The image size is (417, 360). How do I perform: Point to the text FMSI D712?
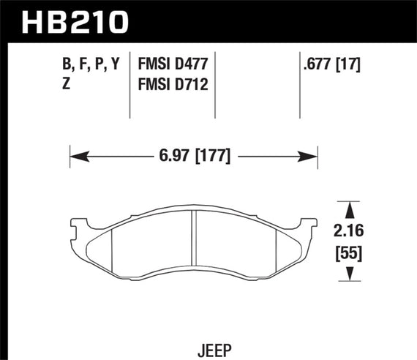pyautogui.click(x=173, y=85)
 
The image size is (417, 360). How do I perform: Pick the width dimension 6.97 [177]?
pyautogui.click(x=194, y=156)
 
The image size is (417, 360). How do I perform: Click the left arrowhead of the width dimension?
pyautogui.click(x=75, y=156)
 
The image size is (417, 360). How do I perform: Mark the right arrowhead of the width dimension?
pyautogui.click(x=312, y=156)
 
